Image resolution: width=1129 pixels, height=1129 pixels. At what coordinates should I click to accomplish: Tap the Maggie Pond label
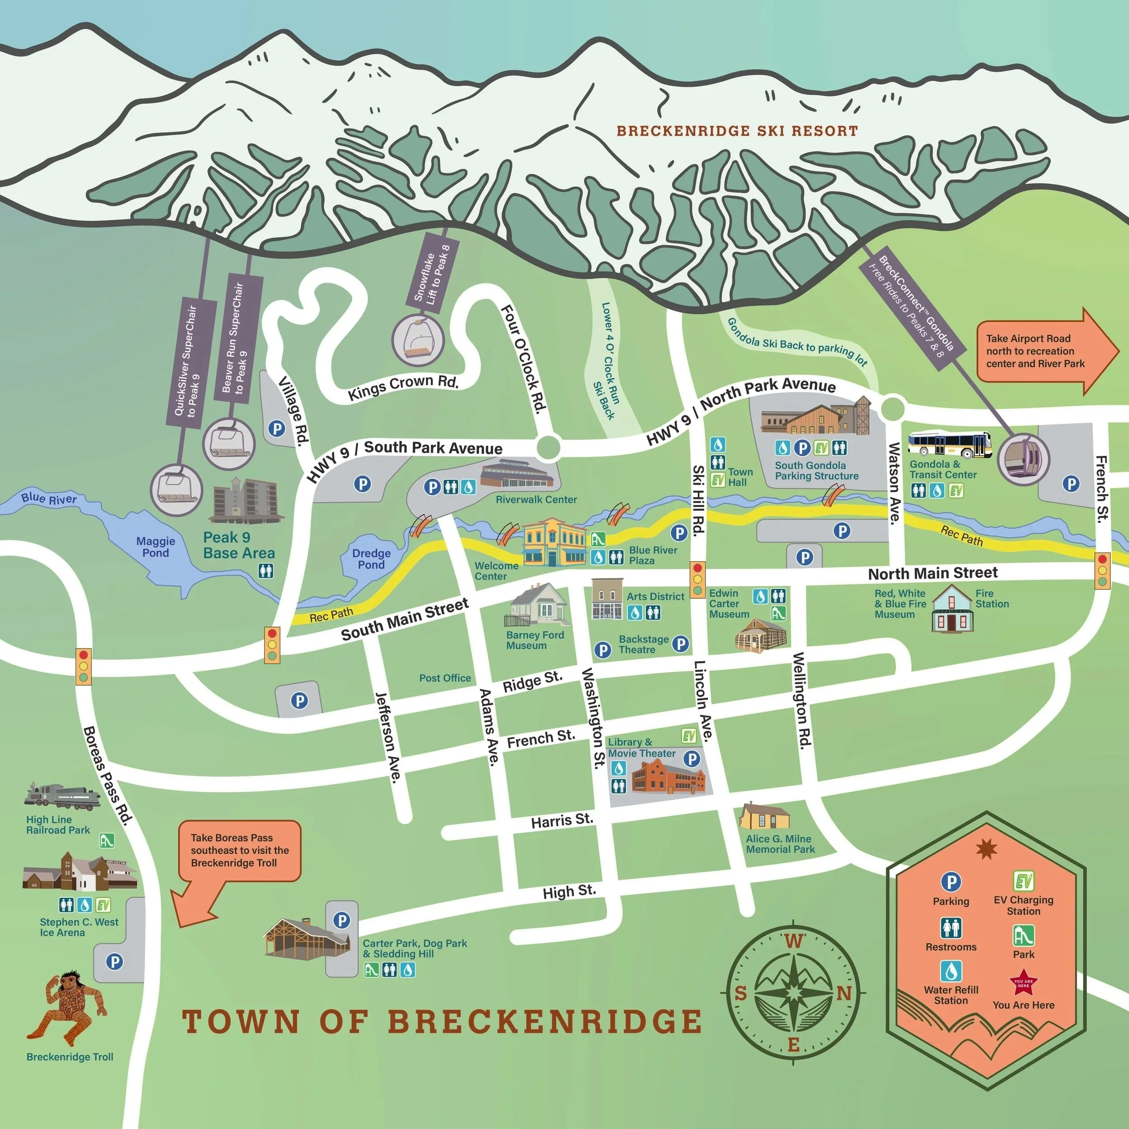155,547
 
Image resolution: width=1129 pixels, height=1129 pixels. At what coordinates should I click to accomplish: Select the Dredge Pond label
371,559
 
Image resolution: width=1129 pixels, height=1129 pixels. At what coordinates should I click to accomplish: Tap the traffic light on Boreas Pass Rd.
84,666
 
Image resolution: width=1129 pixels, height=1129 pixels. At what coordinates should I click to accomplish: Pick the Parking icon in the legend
951,882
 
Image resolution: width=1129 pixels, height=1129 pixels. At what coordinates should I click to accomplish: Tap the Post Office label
445,678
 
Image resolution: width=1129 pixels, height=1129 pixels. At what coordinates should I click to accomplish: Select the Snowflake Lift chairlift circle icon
417,340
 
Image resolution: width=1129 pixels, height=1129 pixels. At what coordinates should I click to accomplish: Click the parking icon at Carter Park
341,920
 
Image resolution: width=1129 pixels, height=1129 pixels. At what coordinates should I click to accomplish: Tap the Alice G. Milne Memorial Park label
779,844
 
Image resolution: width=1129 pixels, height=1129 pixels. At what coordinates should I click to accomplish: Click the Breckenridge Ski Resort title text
737,131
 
